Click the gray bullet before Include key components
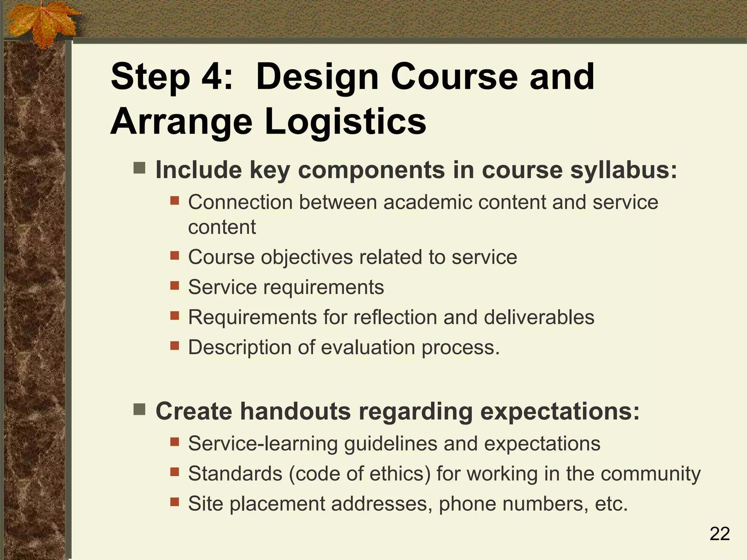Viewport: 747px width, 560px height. point(139,168)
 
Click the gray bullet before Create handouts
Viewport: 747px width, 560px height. point(139,409)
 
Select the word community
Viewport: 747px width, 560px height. point(650,474)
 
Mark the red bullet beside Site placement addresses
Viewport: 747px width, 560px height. point(175,502)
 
